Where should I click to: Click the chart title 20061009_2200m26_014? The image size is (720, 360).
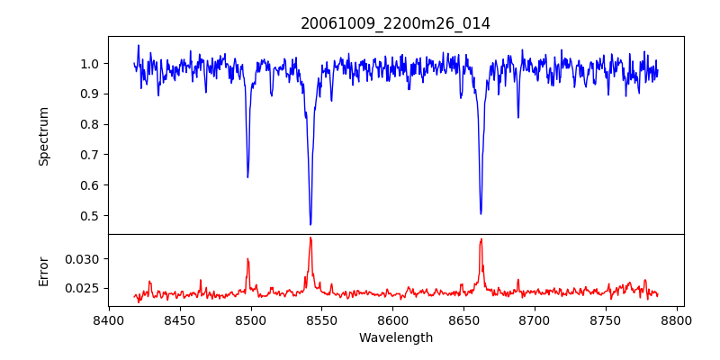tap(395, 24)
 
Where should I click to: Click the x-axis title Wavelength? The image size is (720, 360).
tap(395, 338)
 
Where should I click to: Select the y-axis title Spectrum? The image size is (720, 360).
tap(44, 136)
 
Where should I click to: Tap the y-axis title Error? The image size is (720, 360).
tap(44, 271)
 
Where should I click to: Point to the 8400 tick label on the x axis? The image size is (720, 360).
tap(109, 319)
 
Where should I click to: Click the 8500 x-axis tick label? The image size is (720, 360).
tap(251, 319)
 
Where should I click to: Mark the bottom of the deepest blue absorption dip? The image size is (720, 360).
tap(310, 224)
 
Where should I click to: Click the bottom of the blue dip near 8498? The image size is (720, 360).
tap(247, 176)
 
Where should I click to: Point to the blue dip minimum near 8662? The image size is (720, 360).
tap(481, 213)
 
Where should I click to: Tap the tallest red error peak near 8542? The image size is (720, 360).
tap(310, 238)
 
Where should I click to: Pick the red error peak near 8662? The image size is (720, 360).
tap(481, 239)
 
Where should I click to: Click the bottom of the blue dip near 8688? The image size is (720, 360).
tap(517, 117)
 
